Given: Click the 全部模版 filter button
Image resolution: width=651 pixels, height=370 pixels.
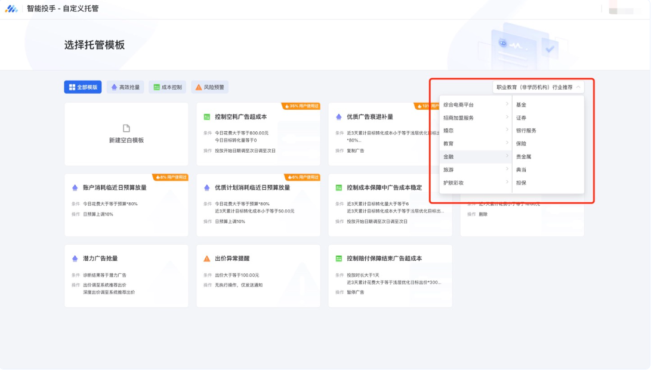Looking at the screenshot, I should (83, 87).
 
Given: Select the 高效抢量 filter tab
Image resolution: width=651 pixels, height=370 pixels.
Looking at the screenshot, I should (125, 87).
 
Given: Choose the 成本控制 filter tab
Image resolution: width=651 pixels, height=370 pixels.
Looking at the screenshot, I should (167, 87).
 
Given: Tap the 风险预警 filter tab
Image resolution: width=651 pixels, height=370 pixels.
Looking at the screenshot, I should (209, 87).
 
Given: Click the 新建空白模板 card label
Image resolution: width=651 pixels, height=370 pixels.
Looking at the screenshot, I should (126, 140).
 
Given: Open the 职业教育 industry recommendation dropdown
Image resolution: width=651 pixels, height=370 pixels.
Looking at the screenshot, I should (538, 87).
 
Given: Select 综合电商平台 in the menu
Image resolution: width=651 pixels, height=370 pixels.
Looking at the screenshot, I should (459, 105).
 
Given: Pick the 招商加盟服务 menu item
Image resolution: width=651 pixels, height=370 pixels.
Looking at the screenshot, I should (459, 118).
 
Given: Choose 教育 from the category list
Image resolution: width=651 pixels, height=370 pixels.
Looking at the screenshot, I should (449, 144).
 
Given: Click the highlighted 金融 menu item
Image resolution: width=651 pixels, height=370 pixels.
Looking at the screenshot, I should (449, 157).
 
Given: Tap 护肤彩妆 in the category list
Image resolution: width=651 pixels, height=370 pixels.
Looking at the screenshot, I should (453, 183).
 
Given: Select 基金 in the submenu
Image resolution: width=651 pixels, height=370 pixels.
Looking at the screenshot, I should (522, 105).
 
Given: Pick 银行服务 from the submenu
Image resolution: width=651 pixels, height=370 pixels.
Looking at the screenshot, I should (526, 131).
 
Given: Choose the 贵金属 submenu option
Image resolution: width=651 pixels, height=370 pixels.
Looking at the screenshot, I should (524, 157).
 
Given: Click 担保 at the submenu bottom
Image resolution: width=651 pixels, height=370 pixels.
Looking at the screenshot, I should (522, 183).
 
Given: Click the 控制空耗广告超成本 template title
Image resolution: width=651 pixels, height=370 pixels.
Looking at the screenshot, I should (240, 117).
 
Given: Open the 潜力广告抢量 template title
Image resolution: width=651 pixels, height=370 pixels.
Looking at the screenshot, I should (100, 258).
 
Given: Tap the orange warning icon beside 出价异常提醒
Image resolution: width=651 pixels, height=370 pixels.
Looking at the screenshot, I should (206, 258).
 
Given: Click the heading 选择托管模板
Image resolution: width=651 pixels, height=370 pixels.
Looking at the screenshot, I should (94, 45).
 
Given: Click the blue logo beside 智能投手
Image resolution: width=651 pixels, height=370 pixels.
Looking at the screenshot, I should (11, 8).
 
